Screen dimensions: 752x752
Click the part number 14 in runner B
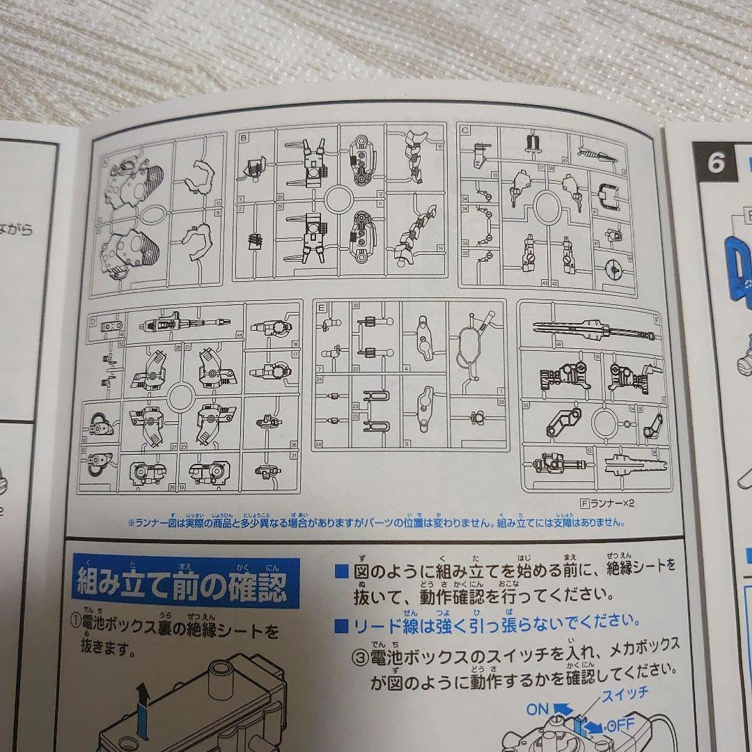pyautogui.click(x=439, y=249)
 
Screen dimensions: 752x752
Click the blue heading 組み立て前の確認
pyautogui.click(x=182, y=584)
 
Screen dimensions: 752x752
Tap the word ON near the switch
pyautogui.click(x=538, y=709)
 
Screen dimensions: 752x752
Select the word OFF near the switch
pyautogui.click(x=619, y=725)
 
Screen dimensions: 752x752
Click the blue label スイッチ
pyautogui.click(x=625, y=693)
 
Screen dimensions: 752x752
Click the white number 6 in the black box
pyautogui.click(x=716, y=162)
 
